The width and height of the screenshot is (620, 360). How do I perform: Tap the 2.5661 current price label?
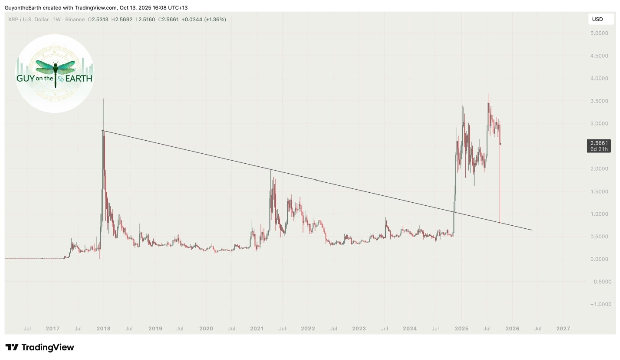[x=599, y=143]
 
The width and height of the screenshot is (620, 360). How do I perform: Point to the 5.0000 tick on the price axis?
[x=599, y=33]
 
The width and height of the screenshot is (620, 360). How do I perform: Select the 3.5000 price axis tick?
[x=599, y=101]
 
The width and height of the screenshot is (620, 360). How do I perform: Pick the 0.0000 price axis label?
[x=599, y=259]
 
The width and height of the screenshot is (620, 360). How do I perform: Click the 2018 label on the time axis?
[x=103, y=329]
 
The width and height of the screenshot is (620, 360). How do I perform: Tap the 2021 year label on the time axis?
[x=257, y=329]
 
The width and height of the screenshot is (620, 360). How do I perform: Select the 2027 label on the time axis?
[x=563, y=329]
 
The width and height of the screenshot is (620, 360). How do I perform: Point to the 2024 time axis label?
[x=410, y=329]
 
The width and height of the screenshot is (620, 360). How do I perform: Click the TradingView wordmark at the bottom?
[x=40, y=347]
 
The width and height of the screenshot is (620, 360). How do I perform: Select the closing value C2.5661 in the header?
[x=168, y=20]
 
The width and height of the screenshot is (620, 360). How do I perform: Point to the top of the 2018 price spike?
[x=104, y=99]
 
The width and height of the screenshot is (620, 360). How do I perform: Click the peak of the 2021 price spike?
[x=270, y=170]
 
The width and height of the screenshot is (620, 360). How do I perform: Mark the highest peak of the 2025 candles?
[x=488, y=94]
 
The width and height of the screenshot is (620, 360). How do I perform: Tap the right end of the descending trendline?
[x=532, y=230]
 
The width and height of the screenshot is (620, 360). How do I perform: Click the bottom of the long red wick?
[x=500, y=223]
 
